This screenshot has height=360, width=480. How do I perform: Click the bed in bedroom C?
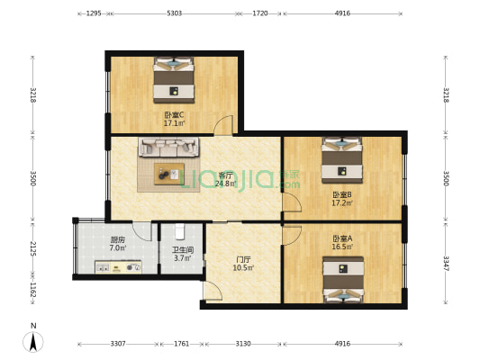174,79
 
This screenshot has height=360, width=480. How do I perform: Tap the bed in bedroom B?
342,159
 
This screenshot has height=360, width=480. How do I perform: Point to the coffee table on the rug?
168,172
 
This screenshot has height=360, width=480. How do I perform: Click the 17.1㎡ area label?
174,123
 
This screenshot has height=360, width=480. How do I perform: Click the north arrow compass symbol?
33,340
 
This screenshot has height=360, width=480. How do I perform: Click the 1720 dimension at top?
260,13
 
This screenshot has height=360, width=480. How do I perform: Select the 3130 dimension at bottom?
243,344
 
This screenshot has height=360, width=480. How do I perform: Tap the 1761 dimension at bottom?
181,344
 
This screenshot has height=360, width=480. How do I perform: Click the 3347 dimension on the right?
445,265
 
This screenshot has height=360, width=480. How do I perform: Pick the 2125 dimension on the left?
33,248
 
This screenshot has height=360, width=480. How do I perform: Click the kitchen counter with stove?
118,267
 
